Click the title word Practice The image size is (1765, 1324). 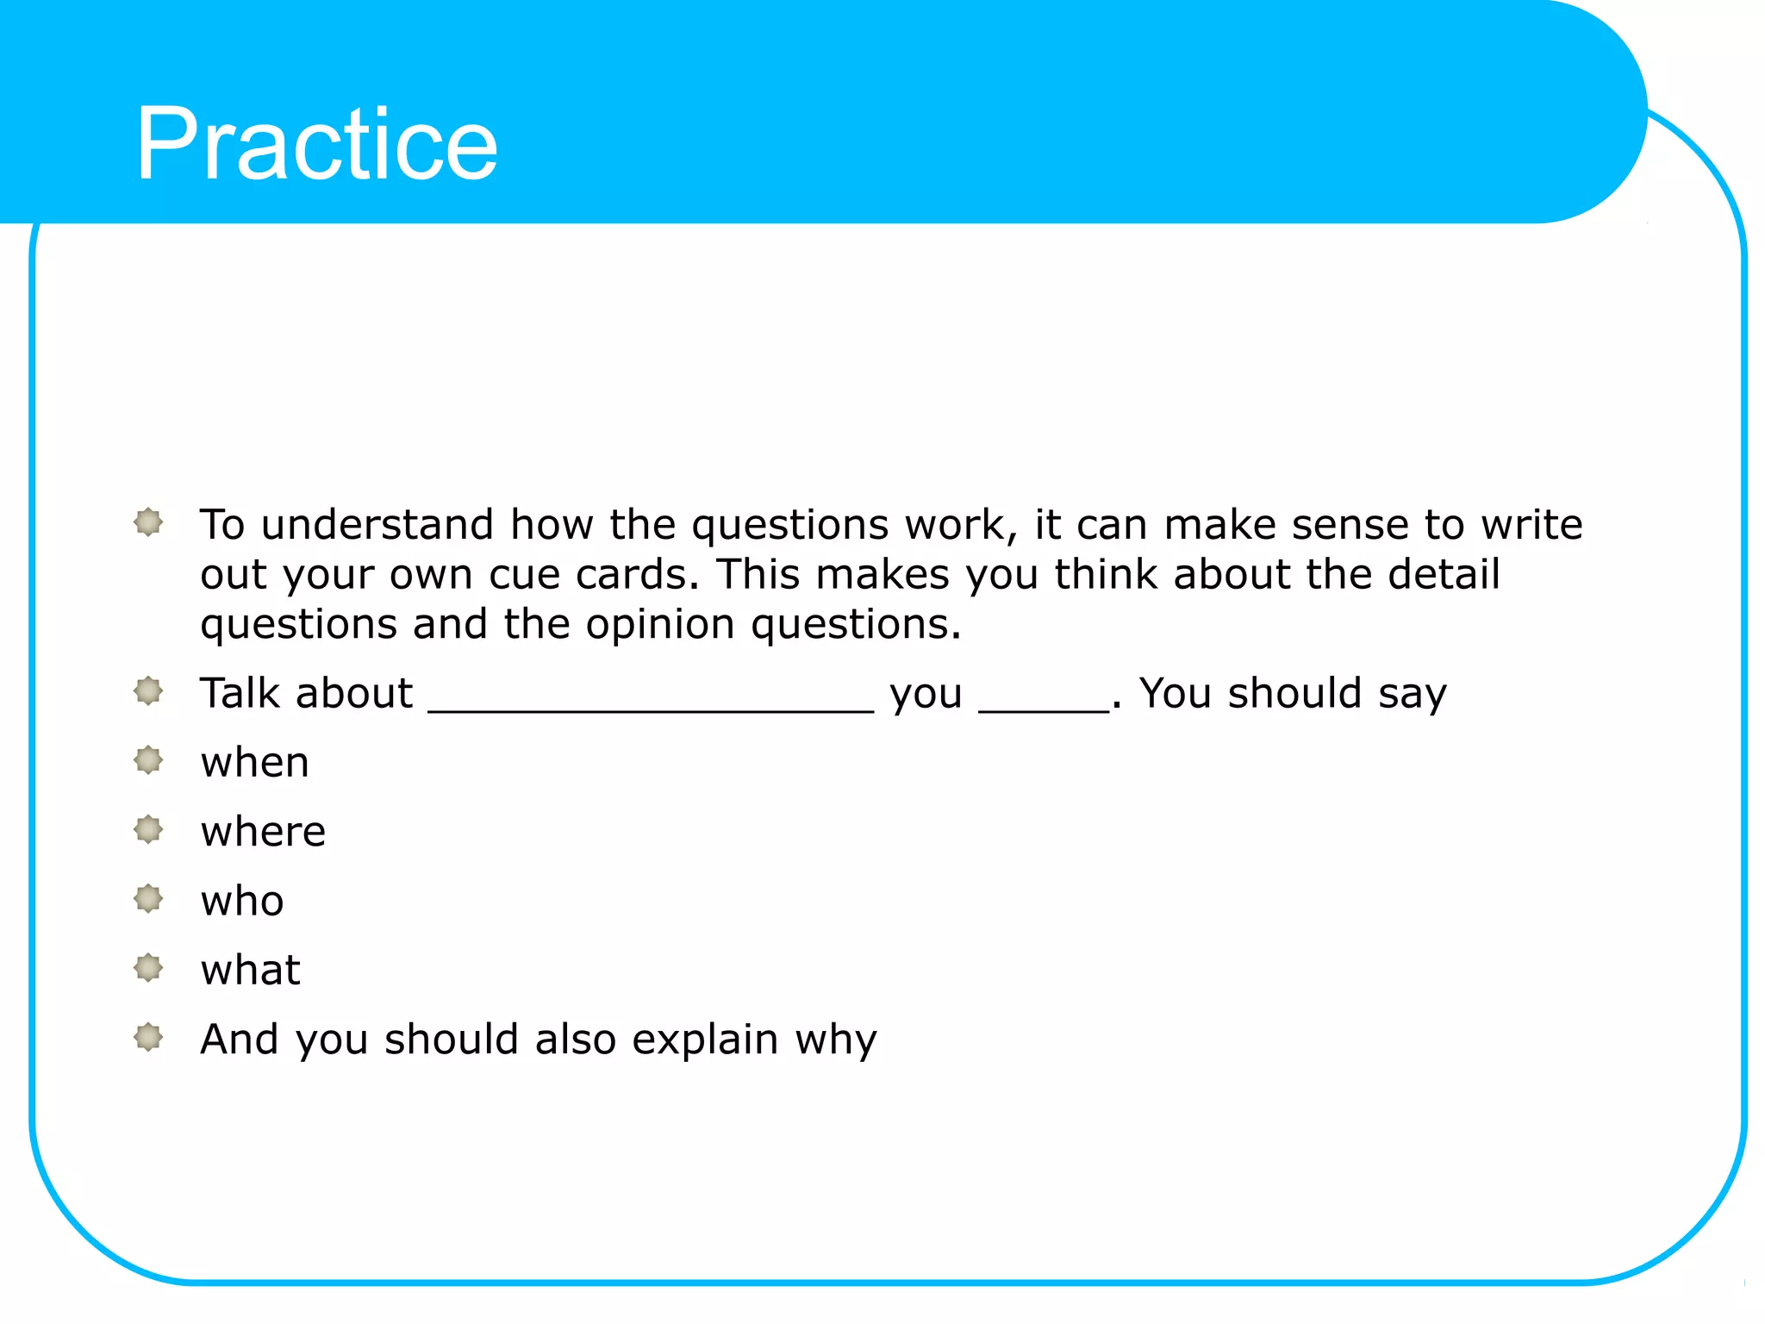tap(316, 144)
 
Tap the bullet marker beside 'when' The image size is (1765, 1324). tap(148, 760)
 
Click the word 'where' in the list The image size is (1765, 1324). tap(263, 832)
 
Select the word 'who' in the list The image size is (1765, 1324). tap(242, 902)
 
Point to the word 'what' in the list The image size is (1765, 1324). tap(250, 971)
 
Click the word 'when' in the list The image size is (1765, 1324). tap(254, 763)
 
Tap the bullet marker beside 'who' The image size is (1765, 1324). tap(148, 899)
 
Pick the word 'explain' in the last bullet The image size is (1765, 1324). tap(705, 1040)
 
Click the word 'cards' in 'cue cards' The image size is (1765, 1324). tap(637, 575)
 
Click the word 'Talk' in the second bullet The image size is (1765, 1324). tap(239, 693)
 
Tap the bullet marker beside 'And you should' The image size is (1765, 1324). tap(148, 1037)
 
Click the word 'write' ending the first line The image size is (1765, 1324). tap(1531, 525)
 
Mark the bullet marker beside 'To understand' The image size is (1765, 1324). tap(148, 522)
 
